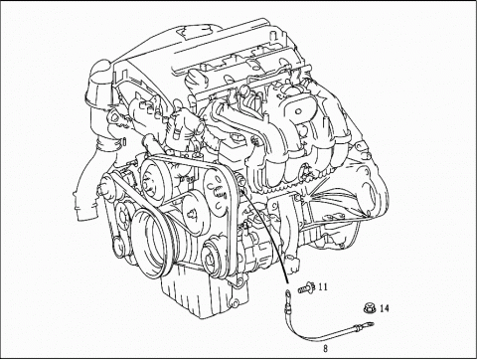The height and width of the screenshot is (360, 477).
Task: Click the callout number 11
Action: point(323,287)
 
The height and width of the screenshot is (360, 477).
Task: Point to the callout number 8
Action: point(326,349)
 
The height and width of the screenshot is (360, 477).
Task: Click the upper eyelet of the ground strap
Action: point(290,294)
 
